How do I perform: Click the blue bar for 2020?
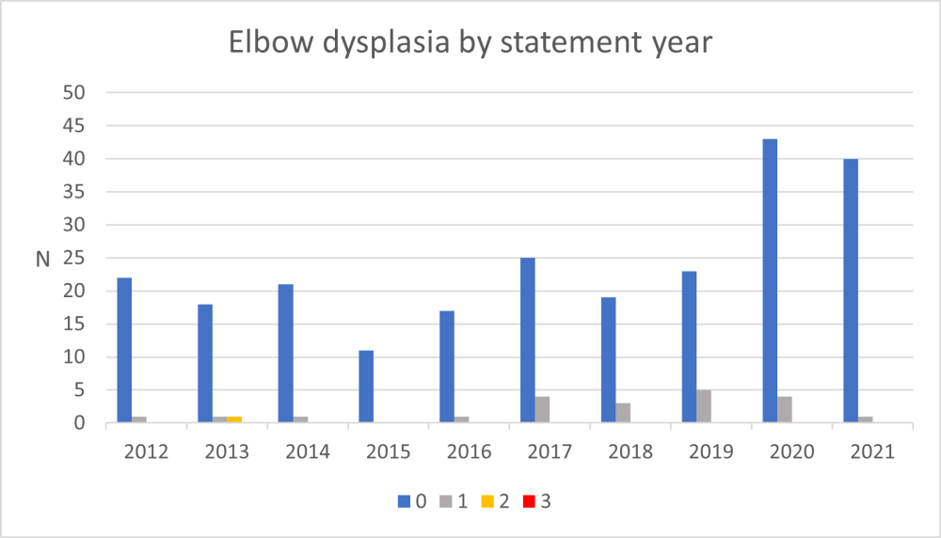[770, 281]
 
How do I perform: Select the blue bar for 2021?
[851, 292]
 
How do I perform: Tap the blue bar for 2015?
[367, 387]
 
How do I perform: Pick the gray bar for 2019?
[704, 406]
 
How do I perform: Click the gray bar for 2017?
[543, 410]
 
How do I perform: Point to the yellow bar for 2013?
[234, 419]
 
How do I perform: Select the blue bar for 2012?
[124, 351]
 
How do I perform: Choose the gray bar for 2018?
[623, 413]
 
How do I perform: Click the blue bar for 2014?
[286, 354]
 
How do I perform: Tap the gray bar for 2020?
[785, 410]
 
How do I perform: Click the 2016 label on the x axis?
[469, 451]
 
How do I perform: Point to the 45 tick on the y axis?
[74, 126]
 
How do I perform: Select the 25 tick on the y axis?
[74, 259]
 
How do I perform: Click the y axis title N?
[42, 259]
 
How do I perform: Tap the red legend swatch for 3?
[530, 501]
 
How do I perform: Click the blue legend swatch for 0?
[403, 501]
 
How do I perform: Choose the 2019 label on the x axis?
[711, 451]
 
